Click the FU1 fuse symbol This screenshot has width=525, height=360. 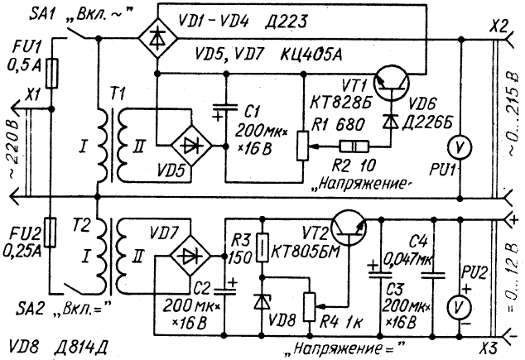tap(52, 74)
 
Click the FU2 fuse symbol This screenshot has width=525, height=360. tap(51, 233)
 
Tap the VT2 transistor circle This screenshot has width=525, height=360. tap(349, 228)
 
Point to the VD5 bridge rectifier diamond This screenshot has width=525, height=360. tap(191, 146)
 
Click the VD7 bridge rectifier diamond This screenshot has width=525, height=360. tap(190, 256)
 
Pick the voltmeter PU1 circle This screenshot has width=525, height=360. tap(460, 146)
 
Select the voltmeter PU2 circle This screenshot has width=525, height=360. tap(459, 307)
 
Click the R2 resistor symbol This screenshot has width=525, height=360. tap(354, 146)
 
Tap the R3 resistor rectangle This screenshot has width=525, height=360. tap(262, 247)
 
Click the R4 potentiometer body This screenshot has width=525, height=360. tap(310, 307)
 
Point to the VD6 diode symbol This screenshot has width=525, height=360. tap(391, 121)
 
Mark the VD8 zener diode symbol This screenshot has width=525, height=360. tap(262, 301)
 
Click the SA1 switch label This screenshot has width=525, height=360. tap(42, 14)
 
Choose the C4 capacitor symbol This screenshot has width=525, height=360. tap(433, 276)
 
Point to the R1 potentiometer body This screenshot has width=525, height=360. tap(303, 146)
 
